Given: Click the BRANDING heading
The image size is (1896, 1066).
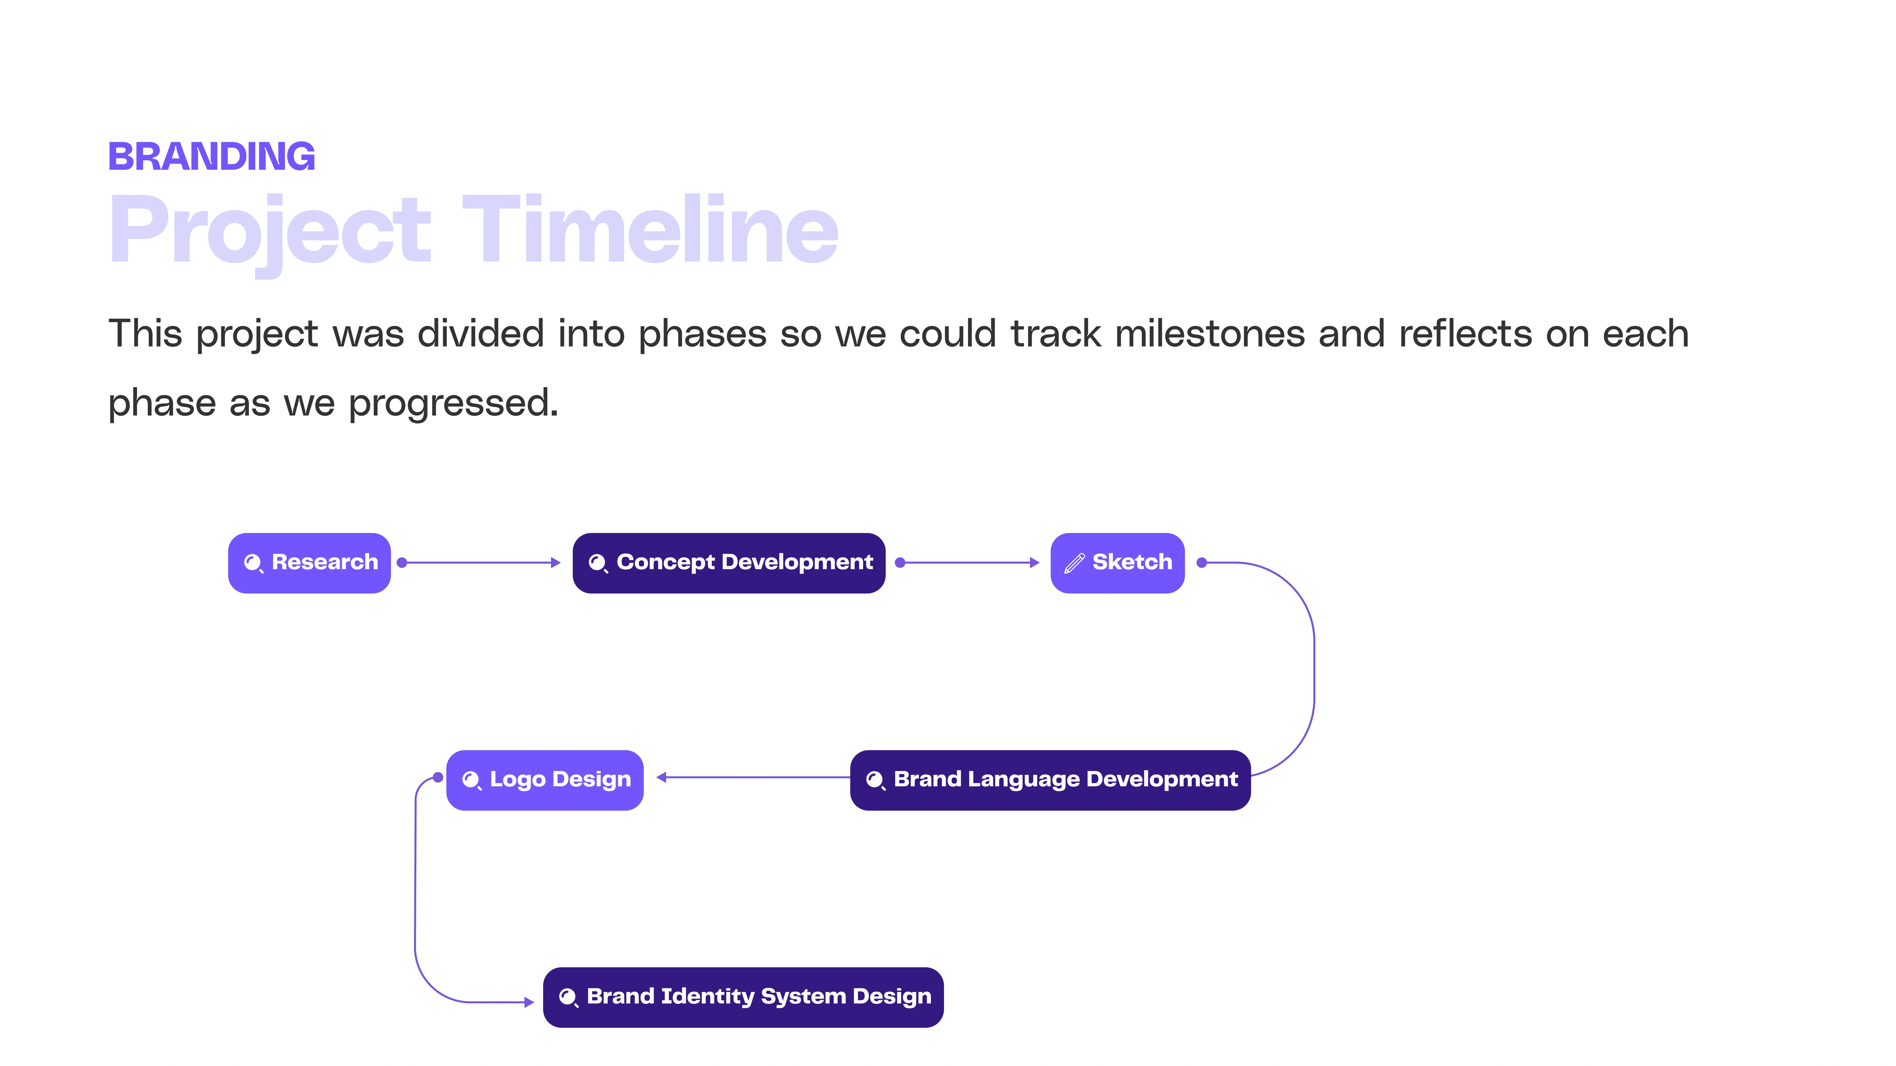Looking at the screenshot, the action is click(212, 157).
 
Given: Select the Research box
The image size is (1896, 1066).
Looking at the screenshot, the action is click(309, 563).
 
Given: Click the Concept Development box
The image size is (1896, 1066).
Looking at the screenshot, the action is click(729, 563).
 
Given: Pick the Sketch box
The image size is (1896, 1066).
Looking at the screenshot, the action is click(1117, 563).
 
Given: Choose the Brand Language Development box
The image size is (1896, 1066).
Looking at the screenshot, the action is click(1050, 780).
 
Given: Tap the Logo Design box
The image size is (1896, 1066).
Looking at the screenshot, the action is click(545, 780).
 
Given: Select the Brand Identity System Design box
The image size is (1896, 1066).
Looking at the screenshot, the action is click(743, 997).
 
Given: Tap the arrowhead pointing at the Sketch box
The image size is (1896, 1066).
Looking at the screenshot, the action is click(1035, 563).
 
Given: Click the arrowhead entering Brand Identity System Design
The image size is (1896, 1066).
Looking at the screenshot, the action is click(529, 1002).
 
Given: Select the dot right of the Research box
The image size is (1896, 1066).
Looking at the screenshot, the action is click(402, 563).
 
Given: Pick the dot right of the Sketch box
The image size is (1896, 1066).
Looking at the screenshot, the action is click(1202, 563).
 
